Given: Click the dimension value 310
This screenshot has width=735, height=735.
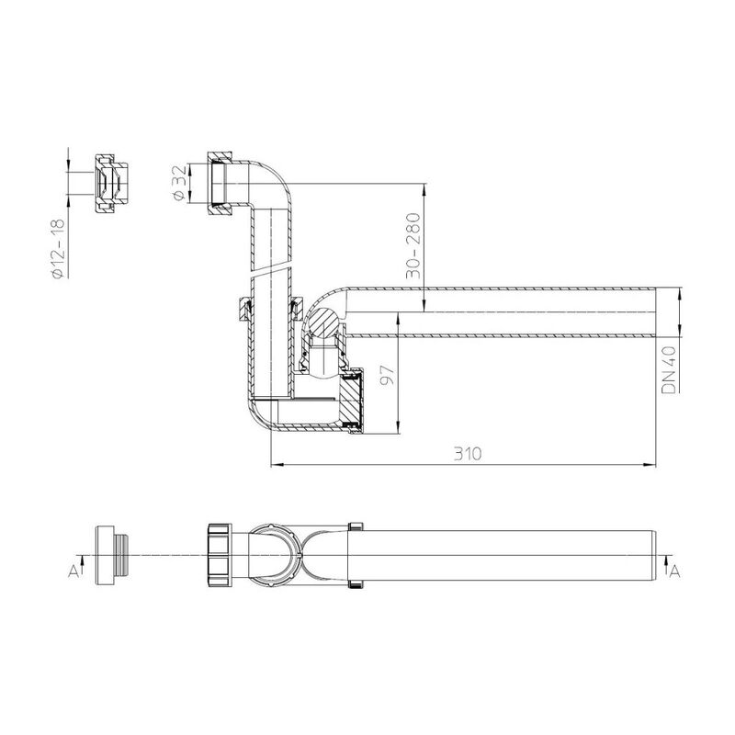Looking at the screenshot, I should (467, 454).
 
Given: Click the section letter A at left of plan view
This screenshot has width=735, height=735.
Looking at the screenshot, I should (72, 571).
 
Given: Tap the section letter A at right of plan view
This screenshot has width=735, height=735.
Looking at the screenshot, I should (674, 571).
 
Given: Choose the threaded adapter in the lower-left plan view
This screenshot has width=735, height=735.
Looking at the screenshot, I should (108, 555).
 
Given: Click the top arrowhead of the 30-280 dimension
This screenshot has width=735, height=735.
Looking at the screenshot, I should (424, 190).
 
